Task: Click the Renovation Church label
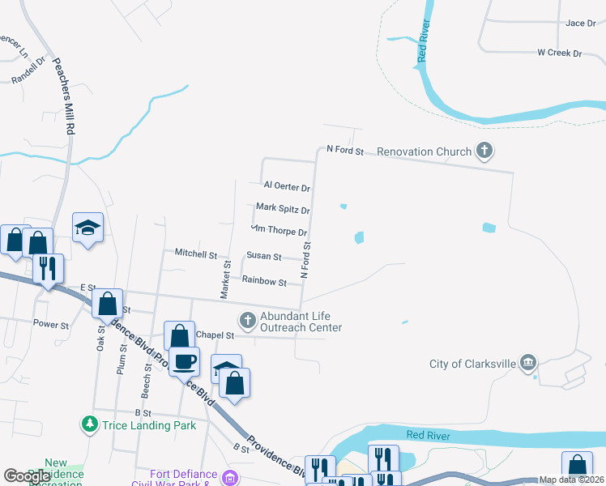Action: click(424, 151)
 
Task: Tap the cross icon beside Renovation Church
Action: click(484, 151)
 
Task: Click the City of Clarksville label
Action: click(472, 364)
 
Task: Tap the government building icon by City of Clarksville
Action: click(528, 361)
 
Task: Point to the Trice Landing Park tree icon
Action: click(88, 424)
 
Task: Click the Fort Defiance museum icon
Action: click(230, 475)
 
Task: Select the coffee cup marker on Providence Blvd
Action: click(185, 361)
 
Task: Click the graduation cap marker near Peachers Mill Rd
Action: click(87, 227)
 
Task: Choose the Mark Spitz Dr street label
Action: click(283, 208)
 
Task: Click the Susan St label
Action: click(264, 257)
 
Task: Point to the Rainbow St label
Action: click(264, 282)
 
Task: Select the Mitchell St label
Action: click(196, 254)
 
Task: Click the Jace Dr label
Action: click(581, 23)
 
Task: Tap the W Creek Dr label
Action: click(560, 53)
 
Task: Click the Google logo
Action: click(28, 476)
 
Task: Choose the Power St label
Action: click(51, 324)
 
